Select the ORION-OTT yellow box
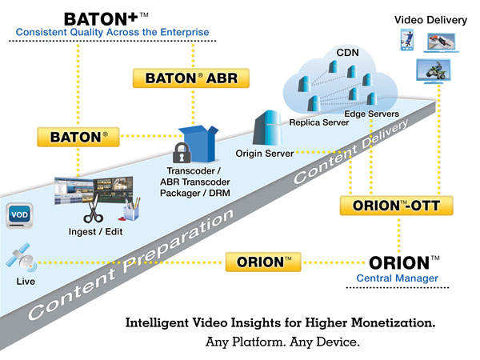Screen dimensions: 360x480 (391, 206)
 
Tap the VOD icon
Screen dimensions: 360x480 (19, 214)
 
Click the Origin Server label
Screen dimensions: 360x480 (265, 152)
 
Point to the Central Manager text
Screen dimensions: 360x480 (398, 278)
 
